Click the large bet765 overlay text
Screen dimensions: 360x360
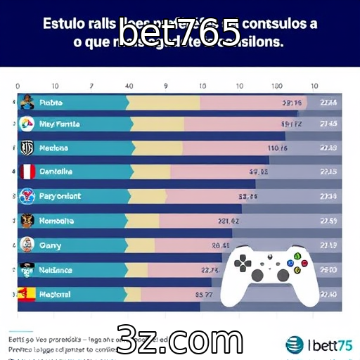tap(179, 33)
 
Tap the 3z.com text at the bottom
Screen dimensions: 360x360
tap(179, 341)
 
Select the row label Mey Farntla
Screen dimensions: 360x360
tap(60, 124)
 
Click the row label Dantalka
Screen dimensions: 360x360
tap(56, 172)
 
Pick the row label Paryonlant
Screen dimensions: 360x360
tap(60, 196)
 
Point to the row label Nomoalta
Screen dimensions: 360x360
tap(57, 220)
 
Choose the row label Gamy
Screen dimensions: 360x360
tap(50, 245)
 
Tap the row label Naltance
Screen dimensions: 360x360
tap(56, 269)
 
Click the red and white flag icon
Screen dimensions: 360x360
tap(27, 172)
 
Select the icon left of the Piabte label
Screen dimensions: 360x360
tap(27, 102)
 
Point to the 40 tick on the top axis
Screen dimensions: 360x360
tap(129, 86)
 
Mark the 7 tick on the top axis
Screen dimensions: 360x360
tap(92, 86)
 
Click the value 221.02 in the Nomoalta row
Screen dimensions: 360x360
tap(229, 221)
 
